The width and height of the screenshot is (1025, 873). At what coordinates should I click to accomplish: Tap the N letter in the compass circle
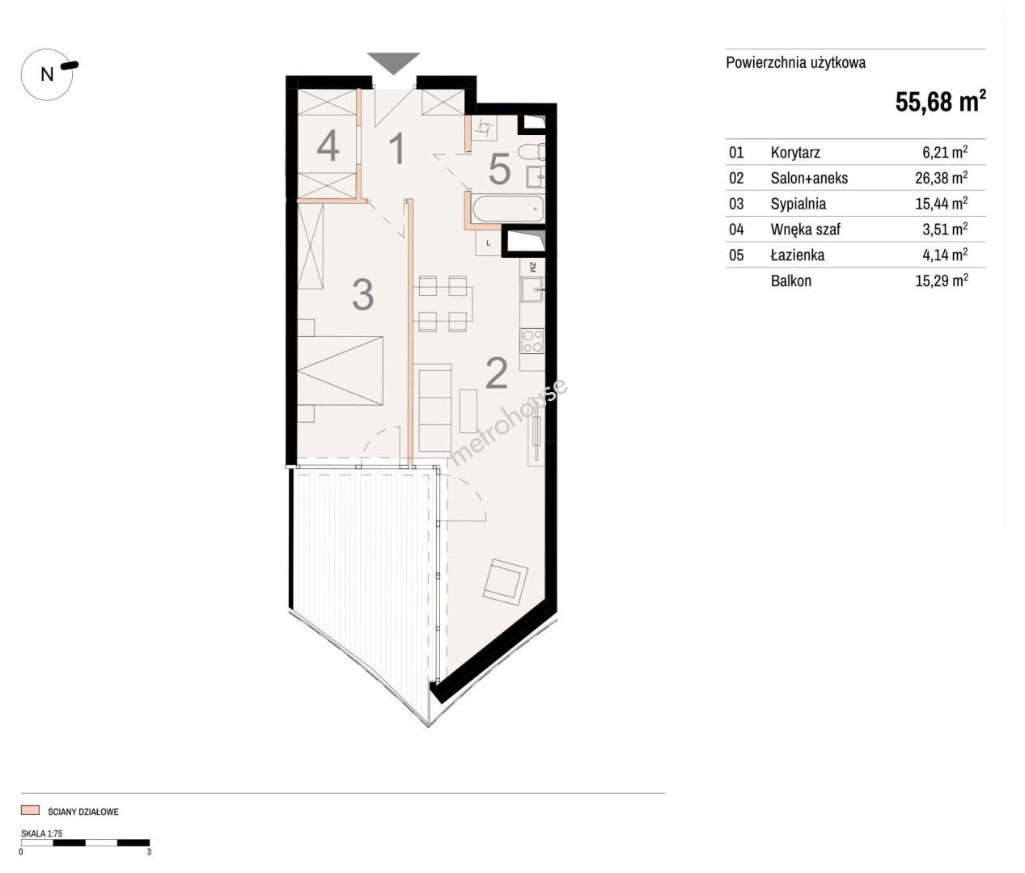47,74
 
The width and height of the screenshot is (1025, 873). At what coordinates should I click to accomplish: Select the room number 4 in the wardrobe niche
328,145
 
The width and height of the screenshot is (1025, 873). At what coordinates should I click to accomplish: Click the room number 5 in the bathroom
499,169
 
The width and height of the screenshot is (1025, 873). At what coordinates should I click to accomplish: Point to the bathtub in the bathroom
508,209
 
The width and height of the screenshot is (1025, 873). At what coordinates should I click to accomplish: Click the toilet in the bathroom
531,152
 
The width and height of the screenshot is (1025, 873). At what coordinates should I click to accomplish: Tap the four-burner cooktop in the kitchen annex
532,341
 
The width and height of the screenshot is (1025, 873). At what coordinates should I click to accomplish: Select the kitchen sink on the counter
532,290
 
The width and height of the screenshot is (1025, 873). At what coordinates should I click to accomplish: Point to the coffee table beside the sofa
468,411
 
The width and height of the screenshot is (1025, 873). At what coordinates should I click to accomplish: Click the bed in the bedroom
340,370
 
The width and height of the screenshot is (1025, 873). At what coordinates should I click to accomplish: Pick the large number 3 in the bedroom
362,295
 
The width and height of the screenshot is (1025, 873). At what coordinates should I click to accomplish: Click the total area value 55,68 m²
940,102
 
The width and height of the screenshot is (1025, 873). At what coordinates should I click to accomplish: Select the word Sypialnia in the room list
798,204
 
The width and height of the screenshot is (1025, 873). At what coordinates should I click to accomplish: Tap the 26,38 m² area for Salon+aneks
941,177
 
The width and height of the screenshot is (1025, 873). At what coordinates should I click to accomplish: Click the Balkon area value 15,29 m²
941,280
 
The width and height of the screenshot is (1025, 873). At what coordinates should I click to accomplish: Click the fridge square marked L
489,243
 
